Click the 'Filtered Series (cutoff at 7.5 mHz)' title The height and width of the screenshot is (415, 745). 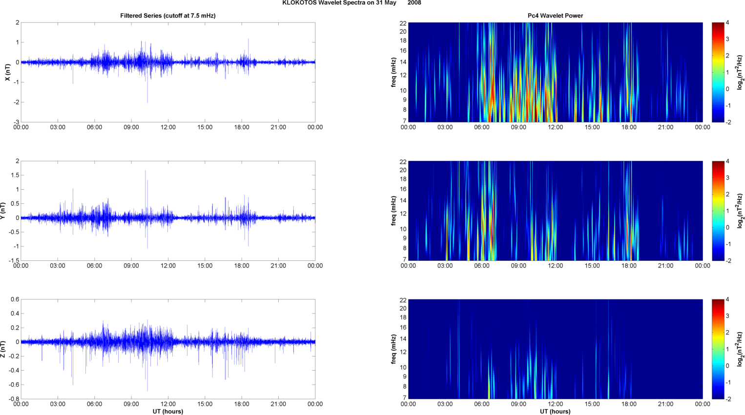(x=168, y=16)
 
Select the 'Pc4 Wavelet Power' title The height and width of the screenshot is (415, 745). (x=555, y=16)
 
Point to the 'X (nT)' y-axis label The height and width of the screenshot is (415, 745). (x=7, y=72)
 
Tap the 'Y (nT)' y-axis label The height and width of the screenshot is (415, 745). (x=3, y=211)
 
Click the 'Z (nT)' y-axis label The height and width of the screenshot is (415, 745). (x=3, y=349)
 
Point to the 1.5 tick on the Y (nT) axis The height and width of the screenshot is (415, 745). (x=15, y=175)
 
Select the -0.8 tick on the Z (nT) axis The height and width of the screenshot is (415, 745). (x=13, y=399)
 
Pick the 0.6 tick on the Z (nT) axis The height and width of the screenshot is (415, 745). (x=15, y=299)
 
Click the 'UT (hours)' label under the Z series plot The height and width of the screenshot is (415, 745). (x=168, y=412)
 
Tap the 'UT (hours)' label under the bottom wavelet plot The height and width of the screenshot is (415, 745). (x=555, y=412)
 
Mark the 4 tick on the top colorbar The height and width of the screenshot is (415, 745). (x=727, y=23)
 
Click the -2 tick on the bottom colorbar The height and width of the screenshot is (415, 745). (x=728, y=399)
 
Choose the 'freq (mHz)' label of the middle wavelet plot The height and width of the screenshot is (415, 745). (x=393, y=211)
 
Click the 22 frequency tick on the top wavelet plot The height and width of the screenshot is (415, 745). (x=403, y=23)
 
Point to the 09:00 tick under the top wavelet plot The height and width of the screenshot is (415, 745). (x=518, y=127)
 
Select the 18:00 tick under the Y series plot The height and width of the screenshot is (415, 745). (x=242, y=266)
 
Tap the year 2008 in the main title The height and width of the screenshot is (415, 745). (x=414, y=3)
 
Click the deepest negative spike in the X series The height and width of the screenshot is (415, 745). (x=147, y=102)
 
